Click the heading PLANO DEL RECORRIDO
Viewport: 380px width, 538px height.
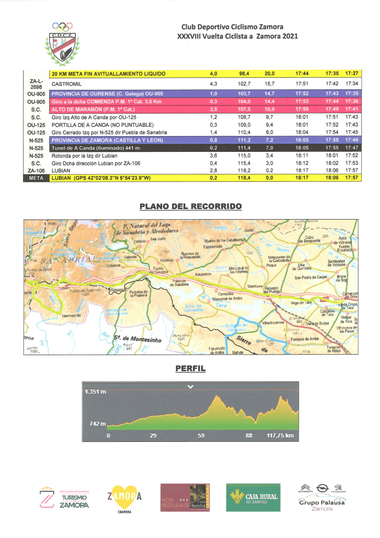click(x=191, y=206)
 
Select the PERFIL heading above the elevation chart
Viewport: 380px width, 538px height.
click(x=190, y=369)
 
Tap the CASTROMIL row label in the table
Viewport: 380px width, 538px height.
click(x=65, y=84)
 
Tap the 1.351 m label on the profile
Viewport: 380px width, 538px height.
click(x=96, y=391)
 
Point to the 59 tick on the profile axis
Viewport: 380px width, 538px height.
click(x=202, y=436)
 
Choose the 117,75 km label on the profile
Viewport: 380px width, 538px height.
click(x=280, y=436)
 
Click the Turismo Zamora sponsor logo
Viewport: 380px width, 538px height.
click(x=65, y=498)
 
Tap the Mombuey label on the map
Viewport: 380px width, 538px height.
click(x=255, y=285)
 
